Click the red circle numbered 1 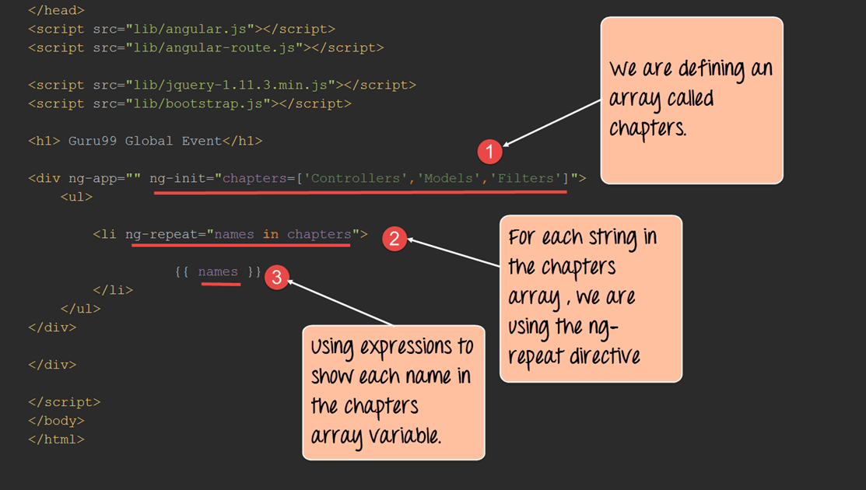click(489, 152)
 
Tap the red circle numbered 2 click(394, 239)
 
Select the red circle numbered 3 click(276, 277)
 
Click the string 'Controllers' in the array click(357, 178)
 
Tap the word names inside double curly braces click(218, 271)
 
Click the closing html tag click(56, 439)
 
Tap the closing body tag click(56, 421)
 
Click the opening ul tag click(76, 197)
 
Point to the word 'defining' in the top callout click(710, 70)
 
